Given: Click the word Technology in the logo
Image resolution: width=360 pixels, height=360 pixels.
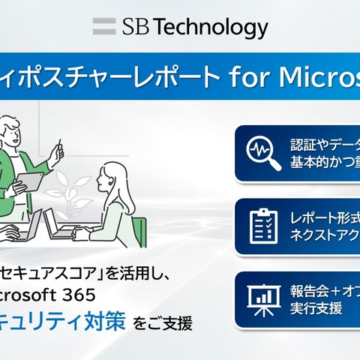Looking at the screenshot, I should pos(214,28).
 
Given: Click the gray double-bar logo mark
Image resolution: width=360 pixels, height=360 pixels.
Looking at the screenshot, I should pos(103,28).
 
